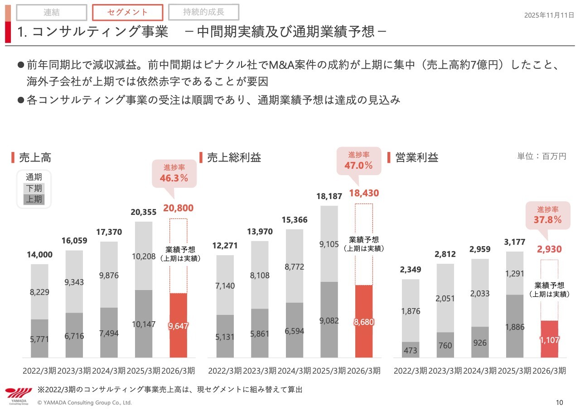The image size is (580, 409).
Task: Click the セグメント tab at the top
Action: [127, 13]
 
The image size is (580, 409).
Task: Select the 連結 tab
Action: [52, 13]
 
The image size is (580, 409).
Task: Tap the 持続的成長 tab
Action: [203, 12]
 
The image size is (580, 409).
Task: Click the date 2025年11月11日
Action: [549, 15]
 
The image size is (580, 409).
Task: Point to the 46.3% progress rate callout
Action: [174, 173]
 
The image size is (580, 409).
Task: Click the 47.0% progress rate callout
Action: [358, 161]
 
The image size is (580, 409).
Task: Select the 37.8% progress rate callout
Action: [548, 215]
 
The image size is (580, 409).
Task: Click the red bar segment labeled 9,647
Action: [178, 325]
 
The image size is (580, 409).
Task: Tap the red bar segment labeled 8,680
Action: [363, 321]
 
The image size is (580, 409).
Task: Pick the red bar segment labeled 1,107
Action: [549, 339]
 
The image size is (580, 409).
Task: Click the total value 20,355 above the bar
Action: [143, 213]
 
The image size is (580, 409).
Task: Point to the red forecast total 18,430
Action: [363, 194]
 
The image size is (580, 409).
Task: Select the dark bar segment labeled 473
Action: [411, 350]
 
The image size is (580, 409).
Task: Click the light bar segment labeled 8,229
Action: [39, 292]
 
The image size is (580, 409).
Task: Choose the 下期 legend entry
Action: [34, 188]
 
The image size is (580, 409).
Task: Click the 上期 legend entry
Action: [34, 199]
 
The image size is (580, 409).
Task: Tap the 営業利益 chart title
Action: [416, 157]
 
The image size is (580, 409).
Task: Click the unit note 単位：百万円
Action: [541, 157]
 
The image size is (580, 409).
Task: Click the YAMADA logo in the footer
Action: [19, 395]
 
